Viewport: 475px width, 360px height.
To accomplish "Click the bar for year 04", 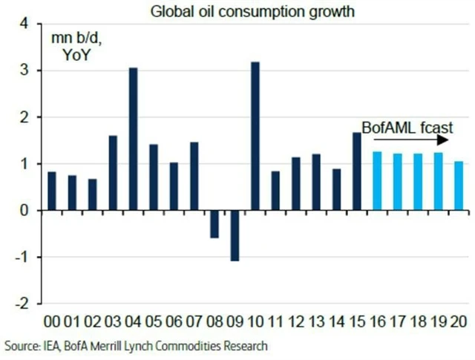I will tap(134, 139).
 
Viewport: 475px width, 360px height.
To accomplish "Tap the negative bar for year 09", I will tap(235, 235).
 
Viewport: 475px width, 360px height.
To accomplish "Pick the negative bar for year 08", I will tap(214, 224).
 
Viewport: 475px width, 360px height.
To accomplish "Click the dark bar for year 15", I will tap(356, 171).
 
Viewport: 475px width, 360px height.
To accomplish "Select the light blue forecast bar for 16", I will tap(377, 181).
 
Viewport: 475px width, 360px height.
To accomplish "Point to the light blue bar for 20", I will tap(458, 186).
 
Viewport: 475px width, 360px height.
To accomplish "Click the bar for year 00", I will tap(53, 191).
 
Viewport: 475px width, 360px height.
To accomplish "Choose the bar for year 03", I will tap(114, 173).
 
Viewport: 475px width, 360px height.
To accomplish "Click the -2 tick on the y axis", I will tap(22, 304).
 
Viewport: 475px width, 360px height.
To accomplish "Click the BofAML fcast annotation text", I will tap(407, 126).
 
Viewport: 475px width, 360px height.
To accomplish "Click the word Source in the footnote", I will tap(22, 346).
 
